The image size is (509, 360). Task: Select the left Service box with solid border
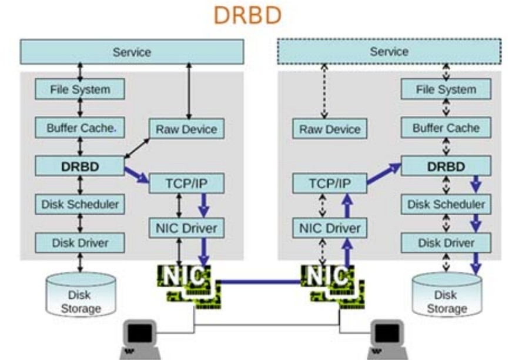(132, 52)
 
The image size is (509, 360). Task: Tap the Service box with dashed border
(389, 52)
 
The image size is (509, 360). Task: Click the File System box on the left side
(81, 89)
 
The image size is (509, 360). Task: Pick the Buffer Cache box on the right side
(446, 128)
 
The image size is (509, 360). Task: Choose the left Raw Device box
(186, 129)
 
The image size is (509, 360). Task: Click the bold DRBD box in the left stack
(80, 166)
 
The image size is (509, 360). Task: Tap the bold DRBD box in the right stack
(446, 166)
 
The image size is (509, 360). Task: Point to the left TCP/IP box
(187, 184)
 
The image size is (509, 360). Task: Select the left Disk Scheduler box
(80, 204)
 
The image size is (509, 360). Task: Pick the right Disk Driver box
(446, 242)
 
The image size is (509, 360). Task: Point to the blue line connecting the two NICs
(259, 282)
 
